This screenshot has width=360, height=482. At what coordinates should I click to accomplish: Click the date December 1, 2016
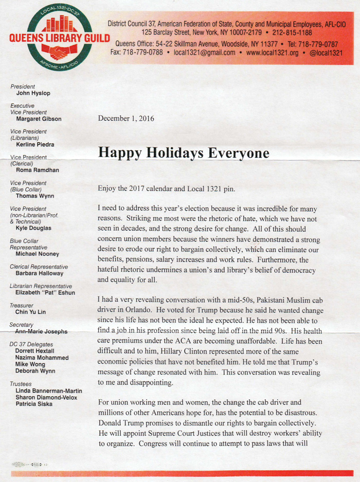(x=125, y=119)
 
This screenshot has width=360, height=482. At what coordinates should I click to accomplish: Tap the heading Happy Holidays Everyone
(x=184, y=153)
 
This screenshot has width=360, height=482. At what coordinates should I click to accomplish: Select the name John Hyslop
(x=33, y=94)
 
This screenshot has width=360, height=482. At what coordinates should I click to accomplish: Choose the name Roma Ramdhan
(x=38, y=170)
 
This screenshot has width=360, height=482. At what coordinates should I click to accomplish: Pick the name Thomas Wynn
(x=35, y=196)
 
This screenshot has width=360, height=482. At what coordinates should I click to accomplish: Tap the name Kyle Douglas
(x=34, y=228)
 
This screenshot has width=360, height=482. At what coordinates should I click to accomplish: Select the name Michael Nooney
(x=38, y=254)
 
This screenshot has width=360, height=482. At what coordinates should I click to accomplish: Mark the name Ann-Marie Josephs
(x=41, y=331)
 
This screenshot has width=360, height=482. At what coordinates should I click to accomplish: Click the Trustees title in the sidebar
(x=21, y=383)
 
